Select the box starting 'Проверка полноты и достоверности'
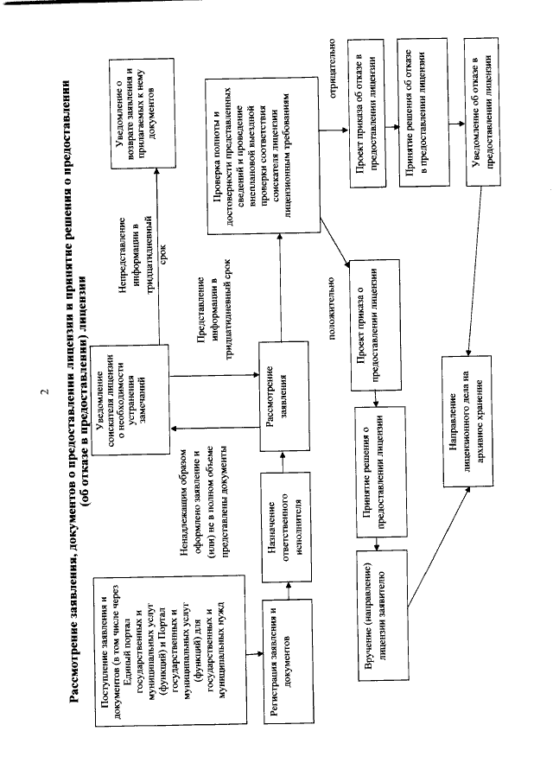coord(260,155)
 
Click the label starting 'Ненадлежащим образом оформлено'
coord(204,493)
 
